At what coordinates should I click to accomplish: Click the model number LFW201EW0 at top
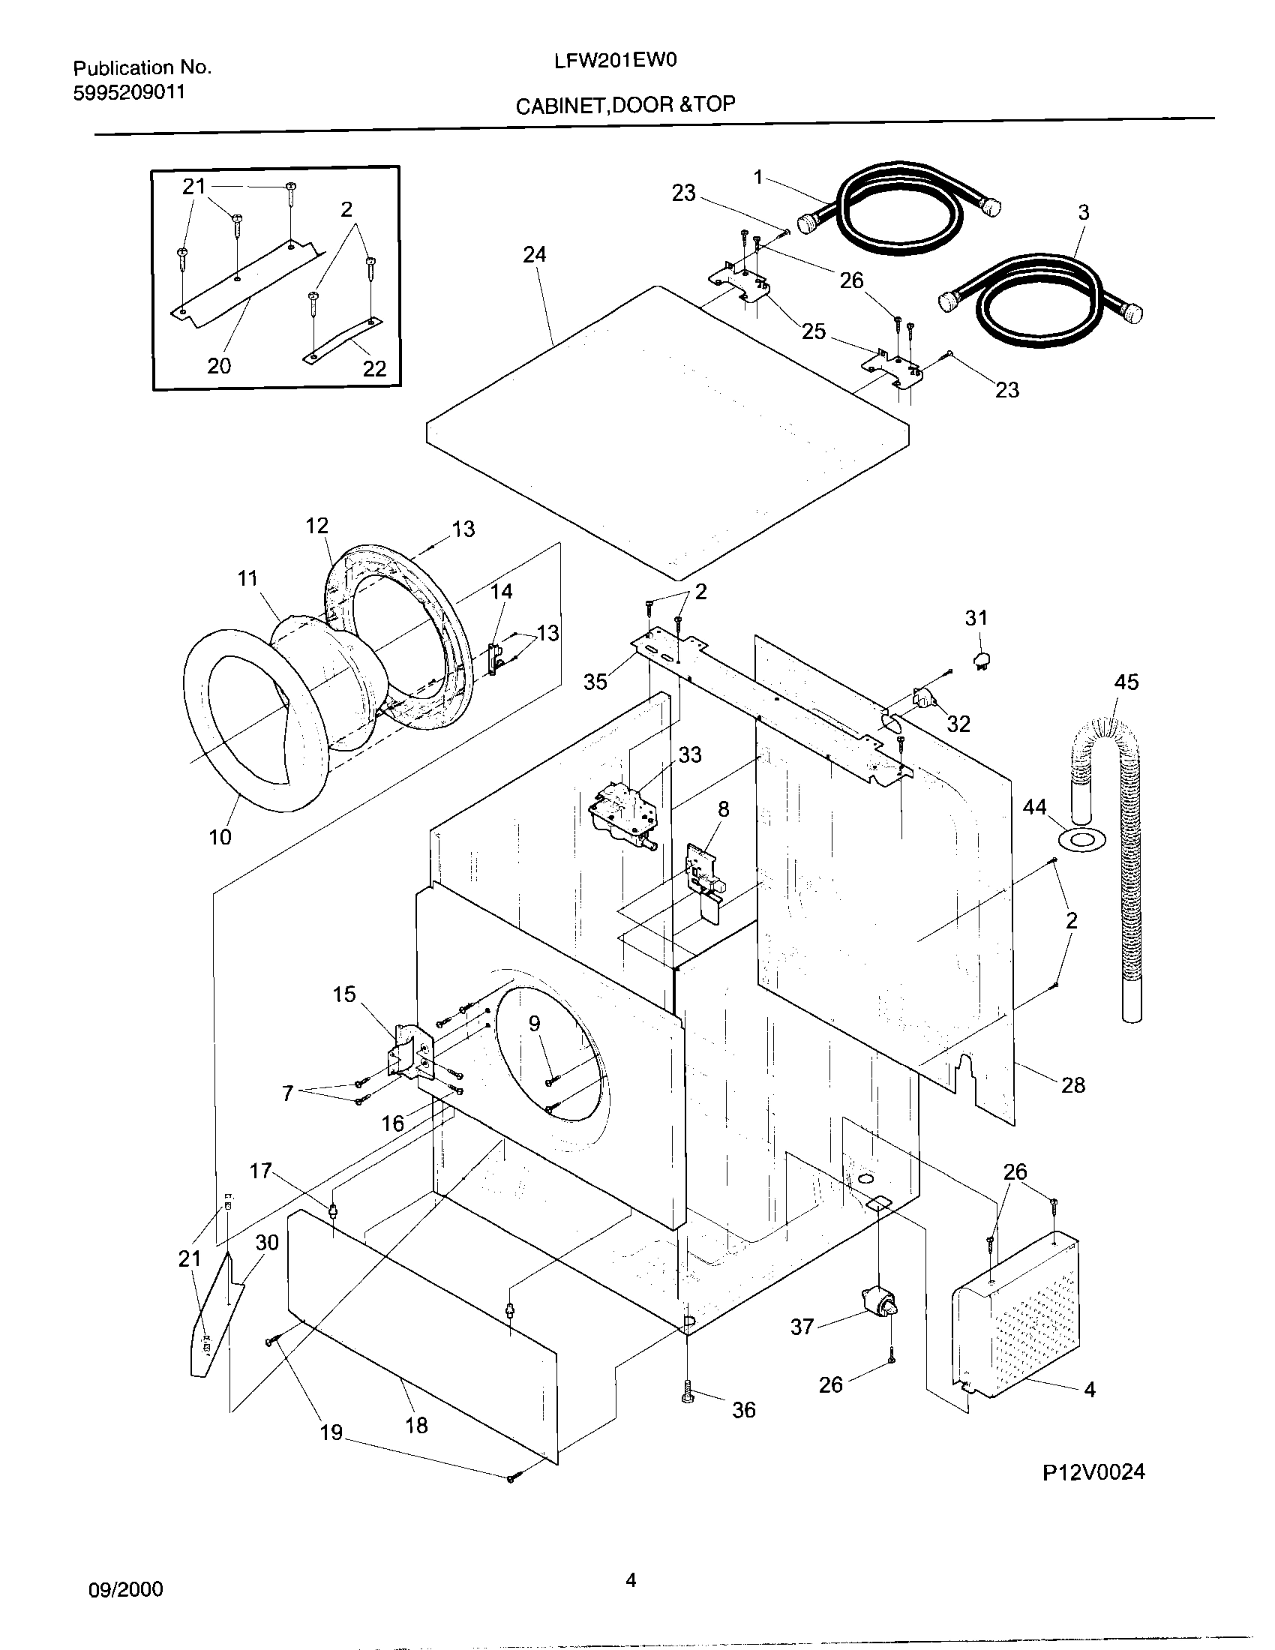(x=616, y=61)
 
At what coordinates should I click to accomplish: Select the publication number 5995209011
(x=128, y=93)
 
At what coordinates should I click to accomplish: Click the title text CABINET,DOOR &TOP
(x=625, y=105)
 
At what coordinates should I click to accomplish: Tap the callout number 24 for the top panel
(x=534, y=254)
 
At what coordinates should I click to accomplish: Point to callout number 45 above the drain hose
(x=1126, y=682)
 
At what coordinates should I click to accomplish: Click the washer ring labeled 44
(x=1082, y=838)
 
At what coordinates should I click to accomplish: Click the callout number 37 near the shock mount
(x=802, y=1327)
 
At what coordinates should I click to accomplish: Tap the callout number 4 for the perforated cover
(x=1090, y=1389)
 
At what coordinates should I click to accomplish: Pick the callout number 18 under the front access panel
(x=416, y=1426)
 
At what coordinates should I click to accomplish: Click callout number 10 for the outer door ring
(x=220, y=836)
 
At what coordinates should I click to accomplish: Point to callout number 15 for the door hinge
(x=344, y=994)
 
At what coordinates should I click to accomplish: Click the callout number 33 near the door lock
(x=689, y=754)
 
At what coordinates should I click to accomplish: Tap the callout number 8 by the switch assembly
(x=723, y=809)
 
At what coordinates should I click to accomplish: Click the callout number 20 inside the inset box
(x=219, y=367)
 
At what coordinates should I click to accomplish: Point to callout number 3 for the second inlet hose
(x=1083, y=213)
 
